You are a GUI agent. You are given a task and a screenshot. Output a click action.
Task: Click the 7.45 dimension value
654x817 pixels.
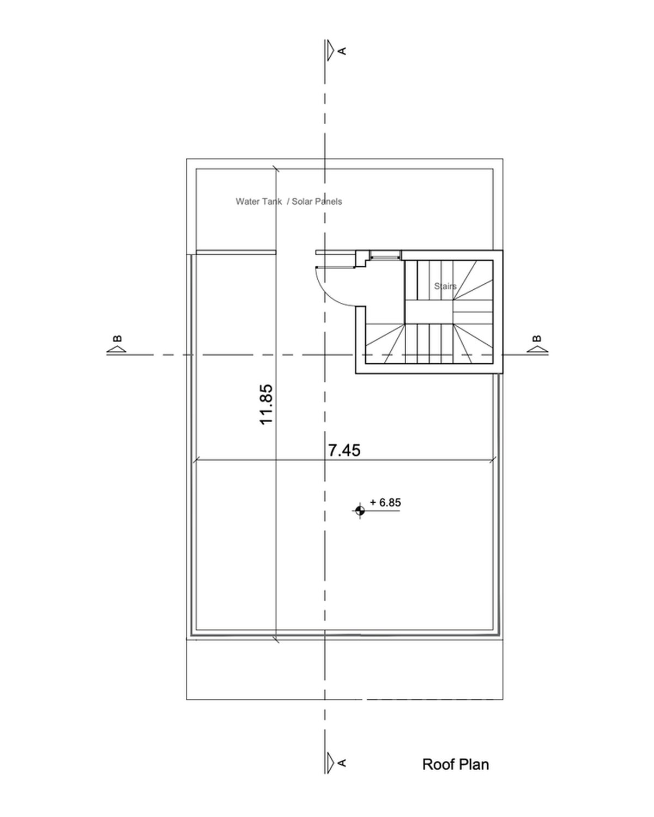(x=344, y=450)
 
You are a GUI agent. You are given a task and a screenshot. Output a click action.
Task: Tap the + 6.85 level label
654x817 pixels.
(x=385, y=502)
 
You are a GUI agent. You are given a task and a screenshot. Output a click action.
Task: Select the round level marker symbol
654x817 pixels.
(x=360, y=511)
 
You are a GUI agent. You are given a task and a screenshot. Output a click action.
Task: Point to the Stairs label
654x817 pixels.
(x=445, y=286)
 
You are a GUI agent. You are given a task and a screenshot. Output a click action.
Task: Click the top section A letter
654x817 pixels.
(x=342, y=51)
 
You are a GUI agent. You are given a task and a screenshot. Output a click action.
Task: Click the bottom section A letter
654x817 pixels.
(x=342, y=763)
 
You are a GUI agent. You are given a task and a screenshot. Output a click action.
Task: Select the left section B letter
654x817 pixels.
(x=118, y=338)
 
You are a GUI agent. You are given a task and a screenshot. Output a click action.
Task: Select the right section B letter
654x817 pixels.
(x=537, y=338)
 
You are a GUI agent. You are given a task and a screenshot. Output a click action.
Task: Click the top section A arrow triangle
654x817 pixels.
(x=331, y=50)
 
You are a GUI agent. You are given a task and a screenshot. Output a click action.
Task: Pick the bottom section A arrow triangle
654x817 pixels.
(x=331, y=763)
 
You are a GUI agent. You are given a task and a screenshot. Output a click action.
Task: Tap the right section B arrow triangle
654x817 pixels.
(x=536, y=350)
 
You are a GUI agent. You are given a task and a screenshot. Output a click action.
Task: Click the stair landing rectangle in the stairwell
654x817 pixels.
(x=429, y=312)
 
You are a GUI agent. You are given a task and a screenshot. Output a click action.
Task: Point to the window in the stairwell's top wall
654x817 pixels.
(x=385, y=255)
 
